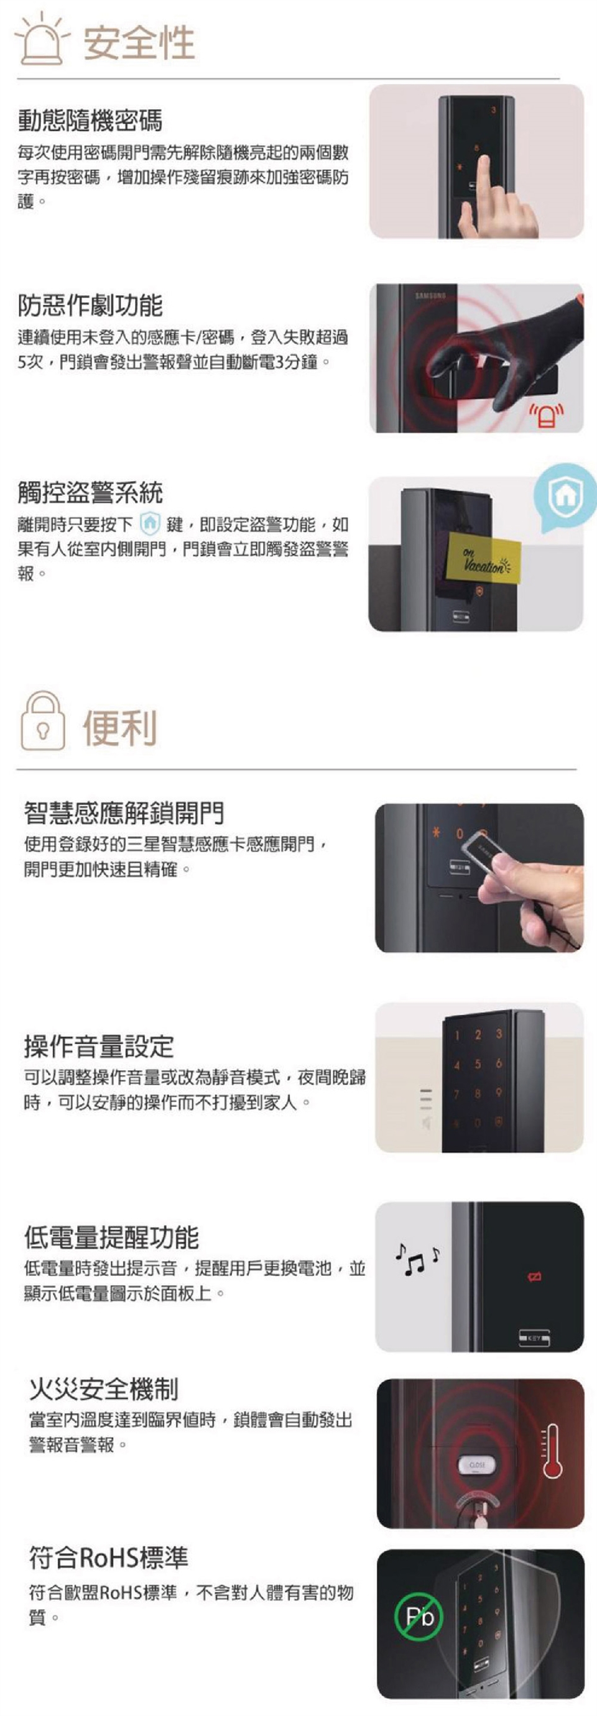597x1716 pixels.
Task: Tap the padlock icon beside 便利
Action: (x=44, y=721)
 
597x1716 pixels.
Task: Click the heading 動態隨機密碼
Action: (x=90, y=121)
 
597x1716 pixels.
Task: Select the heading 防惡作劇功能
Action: (x=90, y=306)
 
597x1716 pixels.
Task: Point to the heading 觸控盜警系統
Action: (x=90, y=493)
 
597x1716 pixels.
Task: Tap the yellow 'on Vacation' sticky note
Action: (x=484, y=561)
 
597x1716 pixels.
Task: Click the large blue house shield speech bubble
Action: (x=565, y=494)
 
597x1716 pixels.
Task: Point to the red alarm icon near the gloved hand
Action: (x=546, y=416)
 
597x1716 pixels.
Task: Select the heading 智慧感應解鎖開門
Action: (x=124, y=813)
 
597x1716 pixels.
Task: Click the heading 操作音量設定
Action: (x=99, y=1047)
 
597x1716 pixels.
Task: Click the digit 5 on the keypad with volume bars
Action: (x=478, y=1065)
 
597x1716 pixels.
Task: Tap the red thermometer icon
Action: (x=552, y=1451)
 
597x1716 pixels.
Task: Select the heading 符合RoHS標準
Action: (x=109, y=1558)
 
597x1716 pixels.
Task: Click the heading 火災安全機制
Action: (x=104, y=1389)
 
